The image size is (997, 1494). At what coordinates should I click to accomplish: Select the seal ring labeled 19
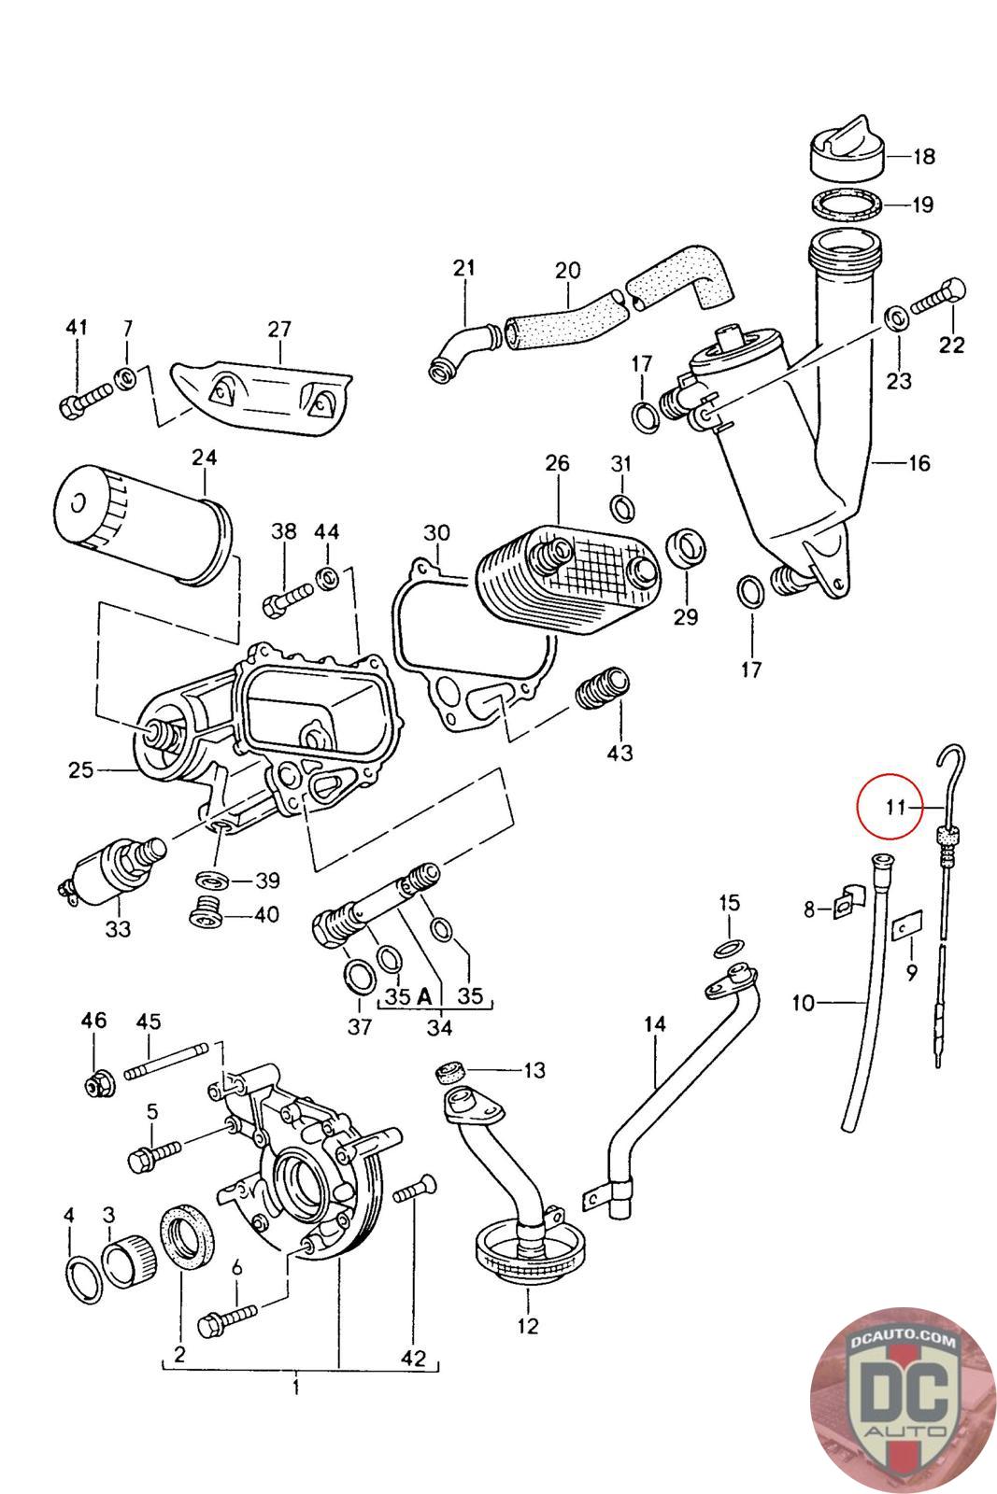845,204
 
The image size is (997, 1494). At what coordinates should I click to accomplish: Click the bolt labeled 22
937,298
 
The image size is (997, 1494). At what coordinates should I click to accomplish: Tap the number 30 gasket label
436,534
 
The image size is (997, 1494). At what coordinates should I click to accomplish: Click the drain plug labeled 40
207,911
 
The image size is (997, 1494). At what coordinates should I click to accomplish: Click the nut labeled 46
94,1083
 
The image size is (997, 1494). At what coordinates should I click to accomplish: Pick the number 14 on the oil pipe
654,1023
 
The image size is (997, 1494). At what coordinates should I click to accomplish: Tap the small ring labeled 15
730,948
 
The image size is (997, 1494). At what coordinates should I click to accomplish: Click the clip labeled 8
847,903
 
